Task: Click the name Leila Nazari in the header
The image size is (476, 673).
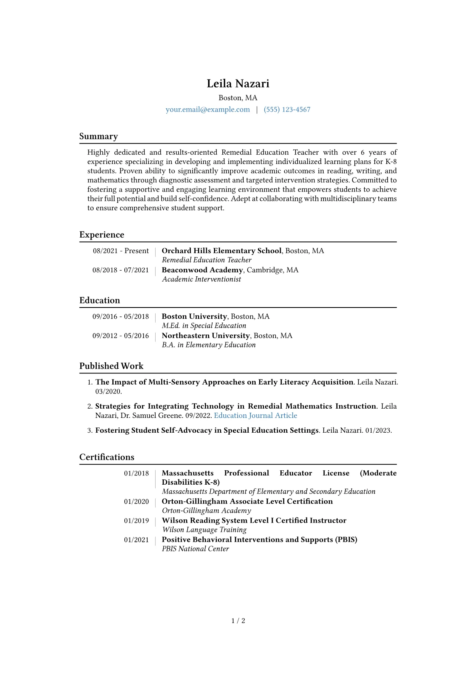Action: click(x=238, y=84)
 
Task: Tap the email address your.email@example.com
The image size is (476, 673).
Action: click(x=208, y=110)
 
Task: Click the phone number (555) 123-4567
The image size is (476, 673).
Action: click(x=287, y=110)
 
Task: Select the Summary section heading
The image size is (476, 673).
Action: click(x=98, y=136)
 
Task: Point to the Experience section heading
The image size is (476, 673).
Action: click(x=102, y=235)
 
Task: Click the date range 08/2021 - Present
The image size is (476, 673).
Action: click(x=121, y=251)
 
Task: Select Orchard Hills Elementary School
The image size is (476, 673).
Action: click(x=222, y=251)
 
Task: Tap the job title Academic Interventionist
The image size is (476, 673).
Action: click(x=201, y=279)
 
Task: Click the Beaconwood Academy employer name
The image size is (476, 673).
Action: click(x=202, y=270)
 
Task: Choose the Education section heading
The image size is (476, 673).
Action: click(x=100, y=300)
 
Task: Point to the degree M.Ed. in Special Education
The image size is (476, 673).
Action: click(x=204, y=326)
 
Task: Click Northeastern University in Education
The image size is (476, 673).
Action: click(x=206, y=336)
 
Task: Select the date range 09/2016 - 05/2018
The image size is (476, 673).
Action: click(x=120, y=316)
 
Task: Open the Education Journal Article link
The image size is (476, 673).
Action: click(x=256, y=415)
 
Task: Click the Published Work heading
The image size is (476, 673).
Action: click(x=111, y=366)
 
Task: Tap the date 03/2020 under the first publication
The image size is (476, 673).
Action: click(x=108, y=391)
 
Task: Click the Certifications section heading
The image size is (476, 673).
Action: click(x=107, y=457)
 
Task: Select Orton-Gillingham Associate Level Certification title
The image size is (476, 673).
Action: click(x=247, y=501)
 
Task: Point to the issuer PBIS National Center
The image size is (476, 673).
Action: click(x=195, y=549)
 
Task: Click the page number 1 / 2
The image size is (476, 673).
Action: click(x=238, y=621)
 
